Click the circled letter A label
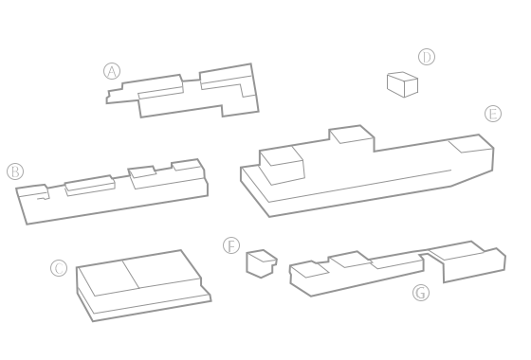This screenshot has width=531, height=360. pos(112,71)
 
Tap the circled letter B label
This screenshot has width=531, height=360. pos(15,171)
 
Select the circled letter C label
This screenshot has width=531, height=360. pos(59,268)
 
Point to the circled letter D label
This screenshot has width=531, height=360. pos(427,57)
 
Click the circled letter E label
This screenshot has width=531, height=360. pos(493,114)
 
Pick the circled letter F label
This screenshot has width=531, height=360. pos(231,245)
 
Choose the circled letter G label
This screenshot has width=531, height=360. pos(421,293)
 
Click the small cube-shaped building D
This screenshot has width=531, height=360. pos(402,84)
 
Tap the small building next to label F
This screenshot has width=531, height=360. pos(262,263)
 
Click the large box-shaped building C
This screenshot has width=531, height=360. pos(143,286)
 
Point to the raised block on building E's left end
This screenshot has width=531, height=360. pos(282,165)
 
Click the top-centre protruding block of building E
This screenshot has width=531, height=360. pos(352,135)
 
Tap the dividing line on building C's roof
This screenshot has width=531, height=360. pos(131,274)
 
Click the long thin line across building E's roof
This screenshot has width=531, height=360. pos(359,186)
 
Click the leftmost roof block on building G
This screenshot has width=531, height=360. pos(309,270)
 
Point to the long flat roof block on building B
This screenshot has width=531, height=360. pos(90,186)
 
